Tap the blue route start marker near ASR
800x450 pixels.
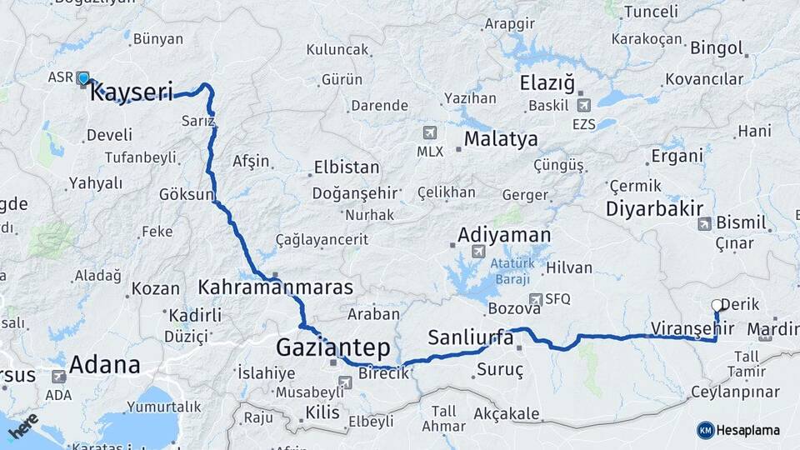(83, 79)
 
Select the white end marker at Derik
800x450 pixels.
(716, 305)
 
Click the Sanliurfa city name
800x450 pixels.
(470, 337)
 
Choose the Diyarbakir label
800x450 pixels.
(655, 208)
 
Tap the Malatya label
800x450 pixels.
(501, 139)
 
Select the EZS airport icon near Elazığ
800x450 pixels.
(582, 105)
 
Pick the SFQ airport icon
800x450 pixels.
(535, 299)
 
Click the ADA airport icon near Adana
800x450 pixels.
(58, 377)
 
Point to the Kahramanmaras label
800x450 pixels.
(275, 287)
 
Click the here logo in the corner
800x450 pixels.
(22, 427)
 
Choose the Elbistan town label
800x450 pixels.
(347, 167)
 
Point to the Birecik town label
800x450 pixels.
(383, 373)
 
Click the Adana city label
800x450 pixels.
(104, 365)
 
